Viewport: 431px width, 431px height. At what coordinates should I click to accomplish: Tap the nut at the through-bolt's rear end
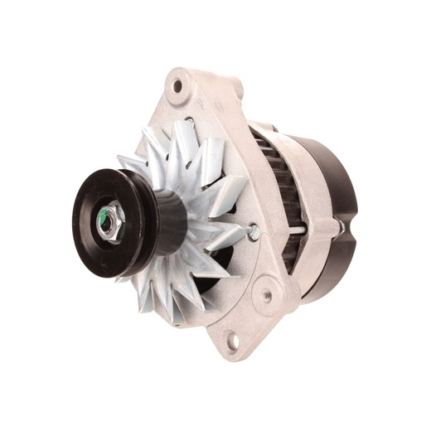[338, 224]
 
